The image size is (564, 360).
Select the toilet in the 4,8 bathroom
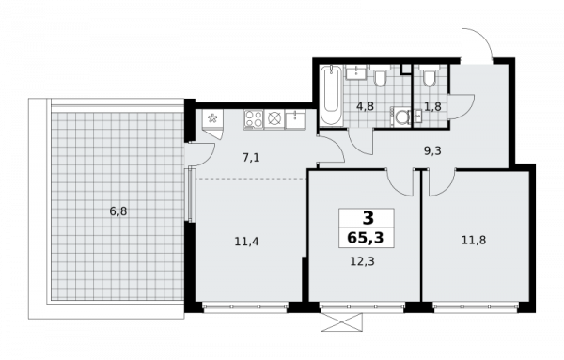tap(381, 75)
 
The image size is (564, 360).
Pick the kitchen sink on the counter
tap(296, 118)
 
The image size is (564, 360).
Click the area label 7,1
tap(251, 157)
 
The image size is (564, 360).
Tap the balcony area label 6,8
tap(117, 211)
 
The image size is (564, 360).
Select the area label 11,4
tap(247, 242)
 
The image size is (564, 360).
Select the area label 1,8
tap(431, 106)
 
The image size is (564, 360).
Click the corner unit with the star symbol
tap(211, 118)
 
